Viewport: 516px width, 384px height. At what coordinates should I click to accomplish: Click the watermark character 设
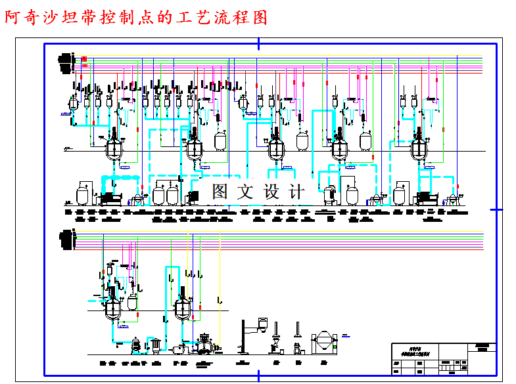pos(271,192)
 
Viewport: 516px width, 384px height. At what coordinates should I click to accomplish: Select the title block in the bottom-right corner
pos(443,359)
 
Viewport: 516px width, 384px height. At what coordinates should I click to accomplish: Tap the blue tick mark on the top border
pos(258,43)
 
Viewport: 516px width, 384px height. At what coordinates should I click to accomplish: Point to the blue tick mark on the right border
pos(496,209)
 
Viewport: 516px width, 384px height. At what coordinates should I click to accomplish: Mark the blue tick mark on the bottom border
pos(258,375)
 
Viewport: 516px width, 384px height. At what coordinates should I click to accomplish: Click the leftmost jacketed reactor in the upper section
pos(115,148)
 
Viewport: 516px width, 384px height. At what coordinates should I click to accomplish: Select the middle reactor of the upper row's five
pos(276,148)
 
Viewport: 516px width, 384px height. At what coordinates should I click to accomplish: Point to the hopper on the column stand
pos(262,323)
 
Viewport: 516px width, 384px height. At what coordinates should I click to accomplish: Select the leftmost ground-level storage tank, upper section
pos(83,194)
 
